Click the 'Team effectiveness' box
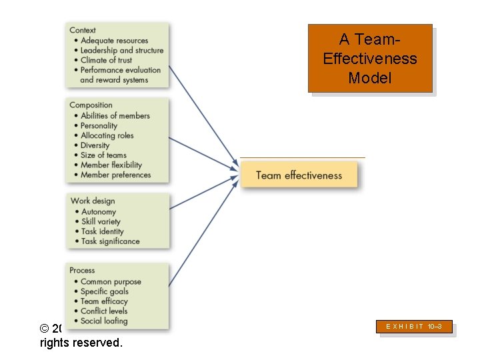[299, 175]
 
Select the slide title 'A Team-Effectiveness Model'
[370, 59]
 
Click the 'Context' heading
[83, 30]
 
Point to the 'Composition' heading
[91, 105]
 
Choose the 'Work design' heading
[93, 201]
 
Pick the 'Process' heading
[82, 270]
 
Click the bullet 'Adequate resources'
[114, 41]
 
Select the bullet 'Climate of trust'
[107, 60]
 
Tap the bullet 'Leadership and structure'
[122, 50]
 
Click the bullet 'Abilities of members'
[115, 115]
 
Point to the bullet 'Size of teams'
[103, 155]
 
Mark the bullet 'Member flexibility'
[111, 165]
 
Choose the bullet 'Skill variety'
[101, 221]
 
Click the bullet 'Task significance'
[111, 241]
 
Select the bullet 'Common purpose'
[111, 281]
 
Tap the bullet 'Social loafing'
[104, 321]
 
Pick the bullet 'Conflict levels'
[105, 311]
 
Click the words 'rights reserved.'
[81, 343]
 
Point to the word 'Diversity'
[95, 145]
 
